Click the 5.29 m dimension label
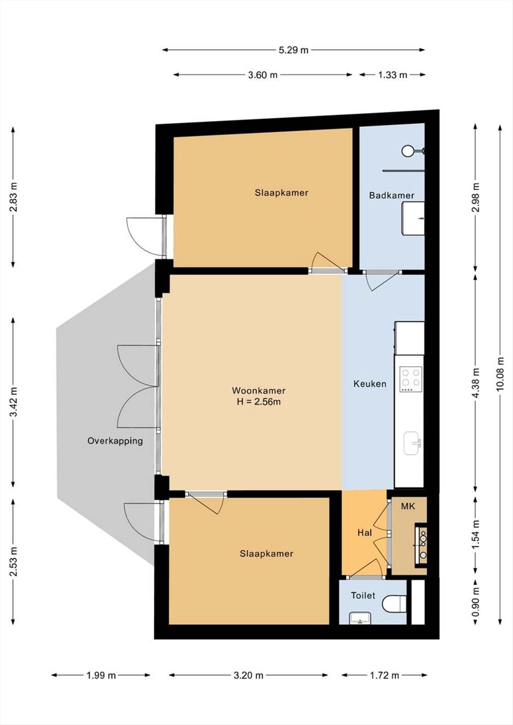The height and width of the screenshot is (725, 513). (294, 50)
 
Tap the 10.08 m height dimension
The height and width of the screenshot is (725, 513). (500, 374)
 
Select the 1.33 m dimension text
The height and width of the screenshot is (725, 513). (392, 75)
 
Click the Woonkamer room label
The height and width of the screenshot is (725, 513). (259, 390)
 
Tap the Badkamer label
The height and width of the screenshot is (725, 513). (392, 195)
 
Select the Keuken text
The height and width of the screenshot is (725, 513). (370, 384)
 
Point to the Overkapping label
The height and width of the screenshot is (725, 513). (115, 441)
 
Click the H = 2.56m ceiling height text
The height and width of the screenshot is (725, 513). (259, 402)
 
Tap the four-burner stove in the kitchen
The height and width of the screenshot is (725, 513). (411, 379)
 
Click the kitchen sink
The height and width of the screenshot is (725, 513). (413, 444)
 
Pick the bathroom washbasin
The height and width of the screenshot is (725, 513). (413, 218)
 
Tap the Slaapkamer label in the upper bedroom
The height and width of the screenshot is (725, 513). (281, 193)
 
